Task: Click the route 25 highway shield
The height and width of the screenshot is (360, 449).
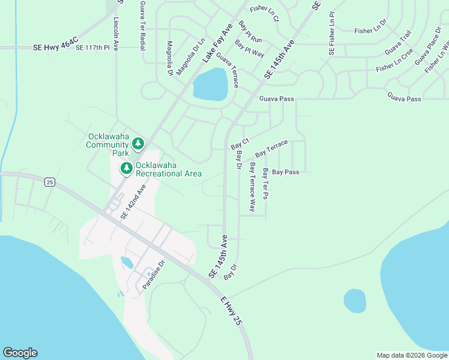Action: pyautogui.click(x=50, y=182)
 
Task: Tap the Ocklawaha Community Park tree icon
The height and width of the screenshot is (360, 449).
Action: pyautogui.click(x=139, y=143)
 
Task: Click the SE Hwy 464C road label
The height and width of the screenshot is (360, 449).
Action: pyautogui.click(x=55, y=46)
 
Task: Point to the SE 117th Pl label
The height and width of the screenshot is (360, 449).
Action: pyautogui.click(x=93, y=47)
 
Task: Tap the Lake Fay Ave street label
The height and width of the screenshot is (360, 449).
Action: pyautogui.click(x=217, y=44)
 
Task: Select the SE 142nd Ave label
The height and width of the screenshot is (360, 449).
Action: pyautogui.click(x=133, y=202)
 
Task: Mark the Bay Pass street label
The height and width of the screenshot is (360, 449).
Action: pyautogui.click(x=285, y=172)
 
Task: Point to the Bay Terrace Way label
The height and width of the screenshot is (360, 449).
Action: pyautogui.click(x=253, y=187)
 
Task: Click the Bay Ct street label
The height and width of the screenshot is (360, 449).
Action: pyautogui.click(x=240, y=144)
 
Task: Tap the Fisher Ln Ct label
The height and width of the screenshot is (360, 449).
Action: pyautogui.click(x=265, y=13)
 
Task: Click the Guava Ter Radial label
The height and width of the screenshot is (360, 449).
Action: pyautogui.click(x=142, y=25)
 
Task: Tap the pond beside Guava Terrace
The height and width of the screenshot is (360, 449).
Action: pyautogui.click(x=210, y=84)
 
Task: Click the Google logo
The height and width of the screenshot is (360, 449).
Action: pyautogui.click(x=20, y=353)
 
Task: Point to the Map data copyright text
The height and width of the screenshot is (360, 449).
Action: pyautogui.click(x=411, y=355)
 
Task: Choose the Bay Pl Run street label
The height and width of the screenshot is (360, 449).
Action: pyautogui.click(x=250, y=32)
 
